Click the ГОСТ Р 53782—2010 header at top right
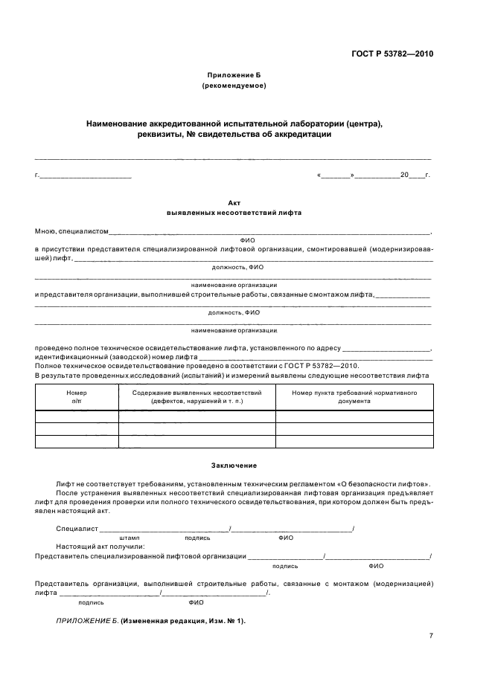[x=392, y=54]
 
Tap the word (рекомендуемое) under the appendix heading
[x=234, y=86]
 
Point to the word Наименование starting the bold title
[x=118, y=123]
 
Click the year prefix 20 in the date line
[x=404, y=175]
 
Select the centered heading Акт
[x=234, y=202]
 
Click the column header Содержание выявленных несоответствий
[x=197, y=396]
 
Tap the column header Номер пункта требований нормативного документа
[x=354, y=396]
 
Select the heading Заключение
[x=234, y=465]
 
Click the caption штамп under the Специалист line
[x=129, y=537]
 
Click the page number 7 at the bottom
[x=431, y=636]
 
